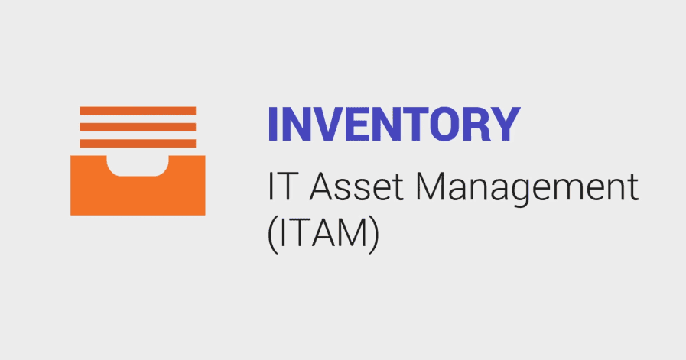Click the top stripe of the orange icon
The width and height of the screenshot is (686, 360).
pos(138,111)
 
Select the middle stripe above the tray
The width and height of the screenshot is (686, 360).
pos(138,127)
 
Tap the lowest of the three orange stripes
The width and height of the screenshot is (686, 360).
pos(138,143)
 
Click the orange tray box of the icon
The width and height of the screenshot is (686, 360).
pos(138,195)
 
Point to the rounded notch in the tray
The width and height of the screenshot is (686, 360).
pos(138,165)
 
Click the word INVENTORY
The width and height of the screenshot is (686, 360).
pos(394,125)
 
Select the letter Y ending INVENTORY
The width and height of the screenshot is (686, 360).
pos(504,125)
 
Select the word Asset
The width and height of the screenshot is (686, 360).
pos(356,187)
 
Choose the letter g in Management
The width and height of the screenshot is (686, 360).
pos(525,194)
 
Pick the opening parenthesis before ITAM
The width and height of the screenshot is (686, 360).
pos(272,235)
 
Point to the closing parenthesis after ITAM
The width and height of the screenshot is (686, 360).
pos(374,235)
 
